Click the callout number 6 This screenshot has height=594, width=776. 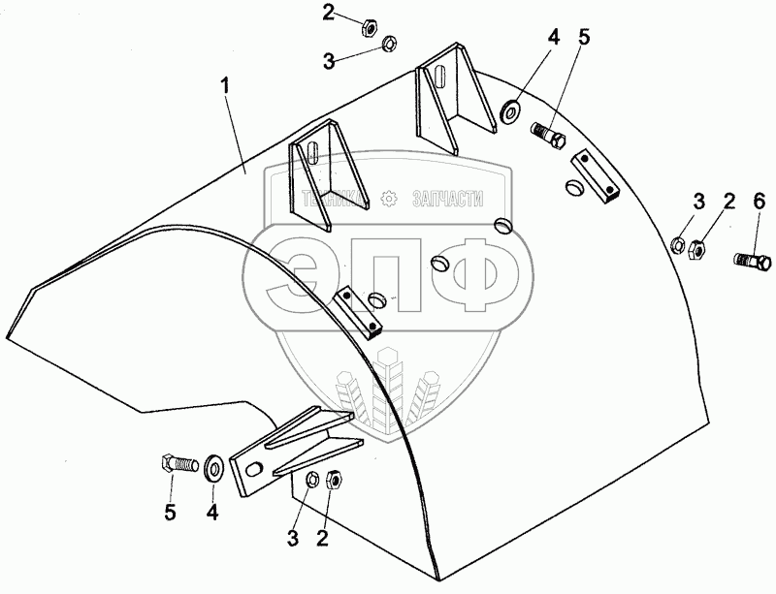click(x=759, y=203)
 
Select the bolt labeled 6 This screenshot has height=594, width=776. click(x=751, y=260)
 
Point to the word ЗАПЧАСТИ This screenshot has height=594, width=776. click(x=447, y=198)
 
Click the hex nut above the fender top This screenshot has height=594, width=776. click(x=372, y=24)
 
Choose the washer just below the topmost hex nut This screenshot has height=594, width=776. click(x=388, y=43)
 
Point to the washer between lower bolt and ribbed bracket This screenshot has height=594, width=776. click(x=212, y=467)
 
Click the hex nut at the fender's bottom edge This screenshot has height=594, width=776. click(x=331, y=479)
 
